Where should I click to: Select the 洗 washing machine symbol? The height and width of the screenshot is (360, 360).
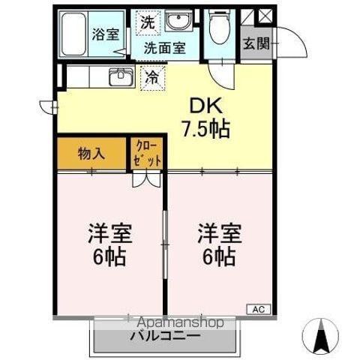coord(147,22)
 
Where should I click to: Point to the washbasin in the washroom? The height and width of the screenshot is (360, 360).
coord(178,22)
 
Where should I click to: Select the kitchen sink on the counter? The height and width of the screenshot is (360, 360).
coord(121,76)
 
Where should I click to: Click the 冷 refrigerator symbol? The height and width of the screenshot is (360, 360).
coord(151,76)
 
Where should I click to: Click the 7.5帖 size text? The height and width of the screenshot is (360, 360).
coord(205,129)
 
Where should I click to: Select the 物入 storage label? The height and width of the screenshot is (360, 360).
coord(91,154)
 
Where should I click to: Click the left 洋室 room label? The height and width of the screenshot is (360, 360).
coord(110,244)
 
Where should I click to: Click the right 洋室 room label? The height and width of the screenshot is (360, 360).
coord(217,244)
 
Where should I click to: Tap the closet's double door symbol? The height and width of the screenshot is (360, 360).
coord(147,178)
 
